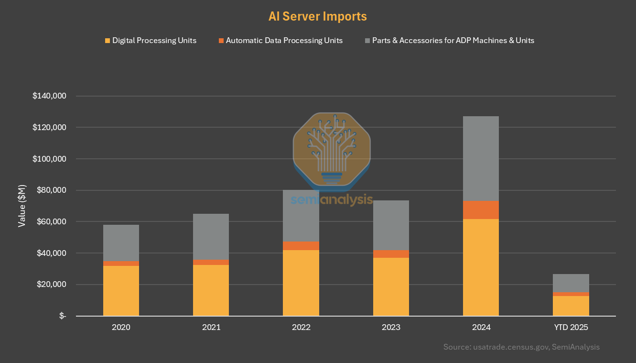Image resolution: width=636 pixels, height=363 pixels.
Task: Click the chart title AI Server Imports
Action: (x=318, y=16)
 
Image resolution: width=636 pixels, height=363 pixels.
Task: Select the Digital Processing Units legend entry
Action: (x=154, y=41)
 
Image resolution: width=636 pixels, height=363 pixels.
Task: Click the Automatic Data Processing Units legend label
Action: (x=284, y=41)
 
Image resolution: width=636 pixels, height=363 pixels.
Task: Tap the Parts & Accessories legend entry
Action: (x=453, y=41)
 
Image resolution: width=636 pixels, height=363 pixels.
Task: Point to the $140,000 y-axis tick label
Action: (x=49, y=96)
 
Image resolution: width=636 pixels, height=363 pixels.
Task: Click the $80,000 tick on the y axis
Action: (x=51, y=190)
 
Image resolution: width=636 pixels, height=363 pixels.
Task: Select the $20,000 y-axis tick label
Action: (x=51, y=285)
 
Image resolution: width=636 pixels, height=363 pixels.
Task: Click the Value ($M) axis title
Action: (x=22, y=206)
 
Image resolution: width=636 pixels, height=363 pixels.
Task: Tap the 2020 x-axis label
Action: (x=121, y=328)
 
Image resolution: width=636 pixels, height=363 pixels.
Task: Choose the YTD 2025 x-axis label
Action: (x=571, y=328)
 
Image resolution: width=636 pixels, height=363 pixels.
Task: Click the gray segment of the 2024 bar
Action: (x=481, y=158)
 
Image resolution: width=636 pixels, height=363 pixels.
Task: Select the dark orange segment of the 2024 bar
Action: (x=481, y=210)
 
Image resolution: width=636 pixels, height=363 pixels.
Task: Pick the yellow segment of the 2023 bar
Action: (x=391, y=287)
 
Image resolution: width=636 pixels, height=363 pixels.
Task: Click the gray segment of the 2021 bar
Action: (x=211, y=237)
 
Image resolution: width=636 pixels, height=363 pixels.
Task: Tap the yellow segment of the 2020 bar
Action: (x=121, y=291)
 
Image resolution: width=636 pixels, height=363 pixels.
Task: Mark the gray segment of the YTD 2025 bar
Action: (x=571, y=283)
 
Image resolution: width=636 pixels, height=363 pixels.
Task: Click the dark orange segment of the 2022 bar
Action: (x=301, y=246)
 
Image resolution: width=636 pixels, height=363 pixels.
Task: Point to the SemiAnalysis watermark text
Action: (x=332, y=199)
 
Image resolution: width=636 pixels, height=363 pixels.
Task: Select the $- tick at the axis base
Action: (x=63, y=316)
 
